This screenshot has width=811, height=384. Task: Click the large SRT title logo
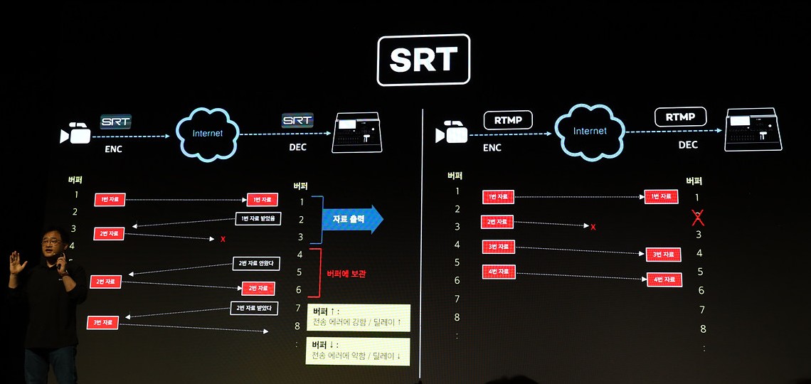[423, 60]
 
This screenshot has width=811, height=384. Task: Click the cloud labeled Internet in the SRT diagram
[207, 133]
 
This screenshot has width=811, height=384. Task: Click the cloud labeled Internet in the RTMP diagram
[590, 131]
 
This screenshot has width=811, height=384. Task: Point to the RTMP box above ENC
[508, 120]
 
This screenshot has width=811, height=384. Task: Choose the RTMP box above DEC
[680, 117]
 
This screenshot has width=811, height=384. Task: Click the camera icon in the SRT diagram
[75, 133]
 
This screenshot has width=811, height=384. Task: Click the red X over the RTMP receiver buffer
[698, 217]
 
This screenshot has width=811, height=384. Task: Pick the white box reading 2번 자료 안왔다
[257, 264]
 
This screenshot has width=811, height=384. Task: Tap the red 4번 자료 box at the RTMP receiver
[663, 279]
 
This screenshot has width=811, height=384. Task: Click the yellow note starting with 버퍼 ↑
[359, 317]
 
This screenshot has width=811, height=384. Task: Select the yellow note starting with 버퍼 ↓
[358, 351]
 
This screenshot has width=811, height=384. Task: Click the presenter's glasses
[51, 242]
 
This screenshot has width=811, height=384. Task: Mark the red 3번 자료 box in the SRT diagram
[104, 323]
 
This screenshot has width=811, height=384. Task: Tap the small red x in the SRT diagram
[223, 239]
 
